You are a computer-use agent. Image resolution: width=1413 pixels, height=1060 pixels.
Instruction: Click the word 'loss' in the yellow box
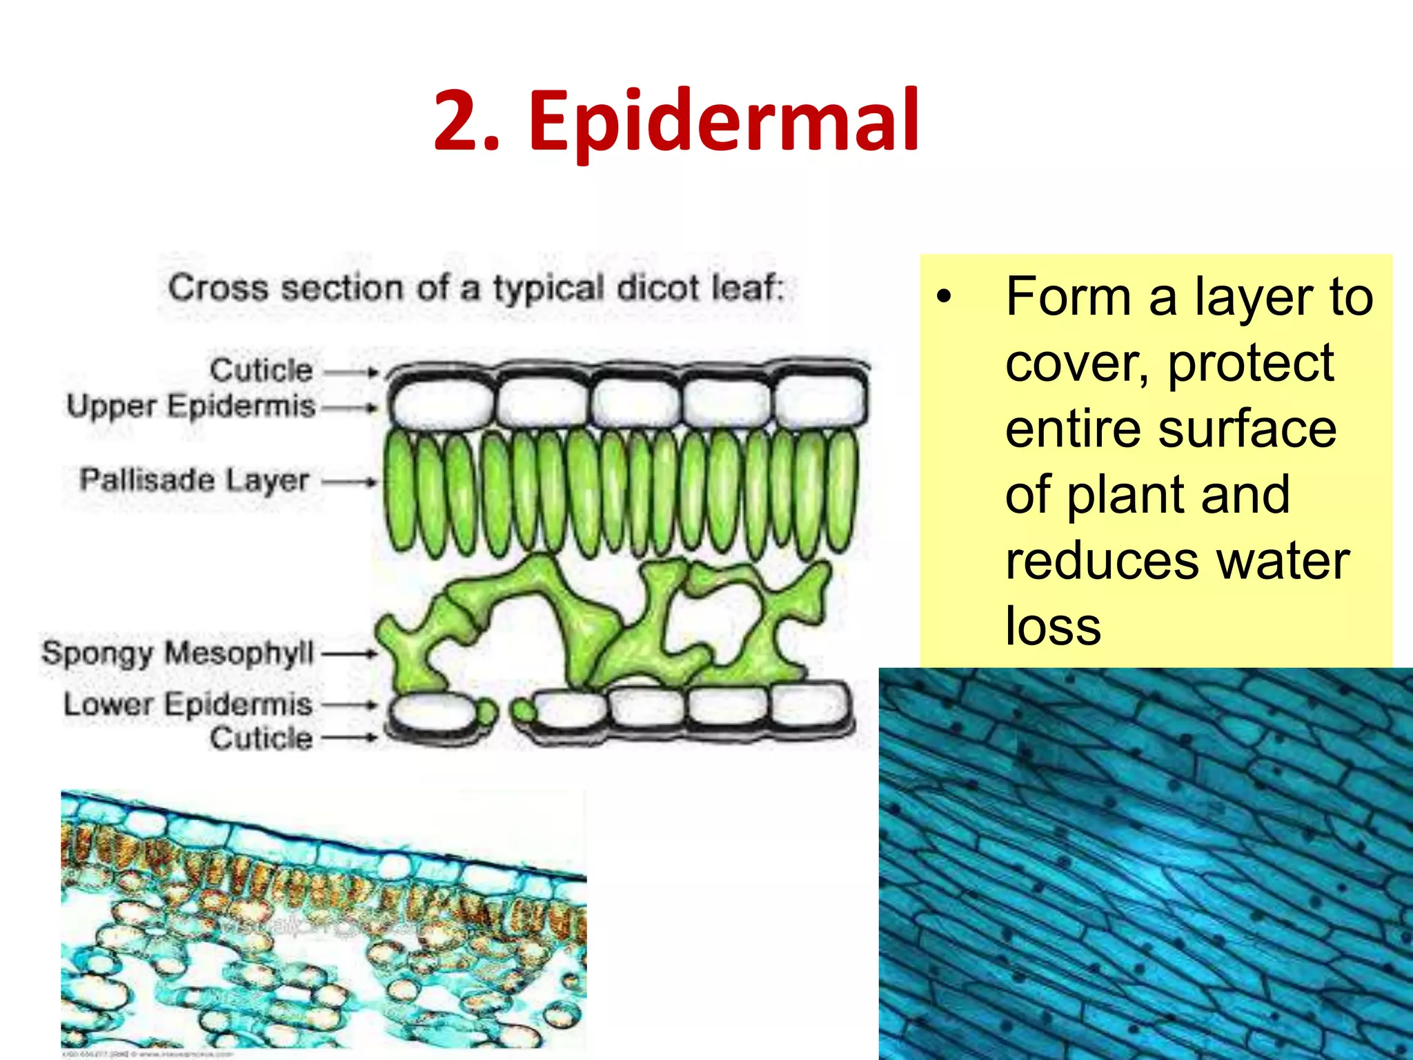pos(1052,626)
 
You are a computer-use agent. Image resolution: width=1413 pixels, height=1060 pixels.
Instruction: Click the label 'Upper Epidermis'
pos(190,406)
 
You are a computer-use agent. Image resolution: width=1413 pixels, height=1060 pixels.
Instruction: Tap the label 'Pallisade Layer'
pos(194,480)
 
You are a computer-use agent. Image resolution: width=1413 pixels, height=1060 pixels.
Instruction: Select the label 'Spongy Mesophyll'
pos(177,653)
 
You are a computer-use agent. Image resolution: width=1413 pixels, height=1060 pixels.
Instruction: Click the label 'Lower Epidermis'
pos(188,705)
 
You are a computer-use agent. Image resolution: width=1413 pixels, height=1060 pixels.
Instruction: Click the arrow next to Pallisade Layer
pos(350,482)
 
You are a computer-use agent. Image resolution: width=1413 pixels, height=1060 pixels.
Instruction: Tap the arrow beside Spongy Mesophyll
pos(350,653)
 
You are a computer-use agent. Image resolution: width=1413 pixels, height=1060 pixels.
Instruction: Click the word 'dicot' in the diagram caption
pos(658,288)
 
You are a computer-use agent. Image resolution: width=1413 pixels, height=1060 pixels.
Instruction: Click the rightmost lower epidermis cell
pos(809,705)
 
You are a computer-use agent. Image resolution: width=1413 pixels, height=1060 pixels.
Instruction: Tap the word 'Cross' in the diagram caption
pos(219,288)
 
